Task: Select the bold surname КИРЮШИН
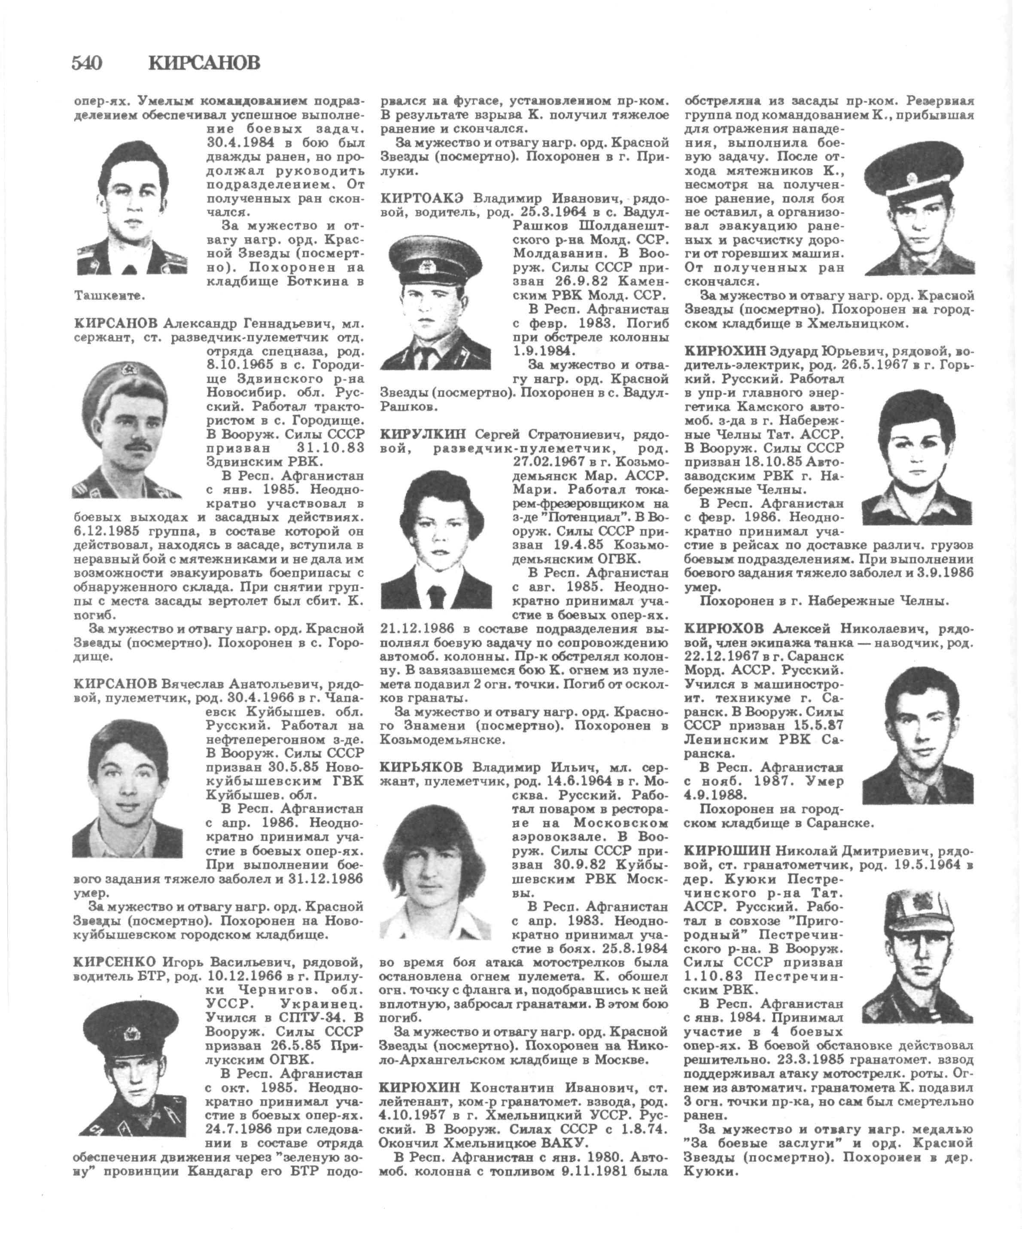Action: point(727,850)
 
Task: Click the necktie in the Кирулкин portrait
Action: point(435,596)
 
